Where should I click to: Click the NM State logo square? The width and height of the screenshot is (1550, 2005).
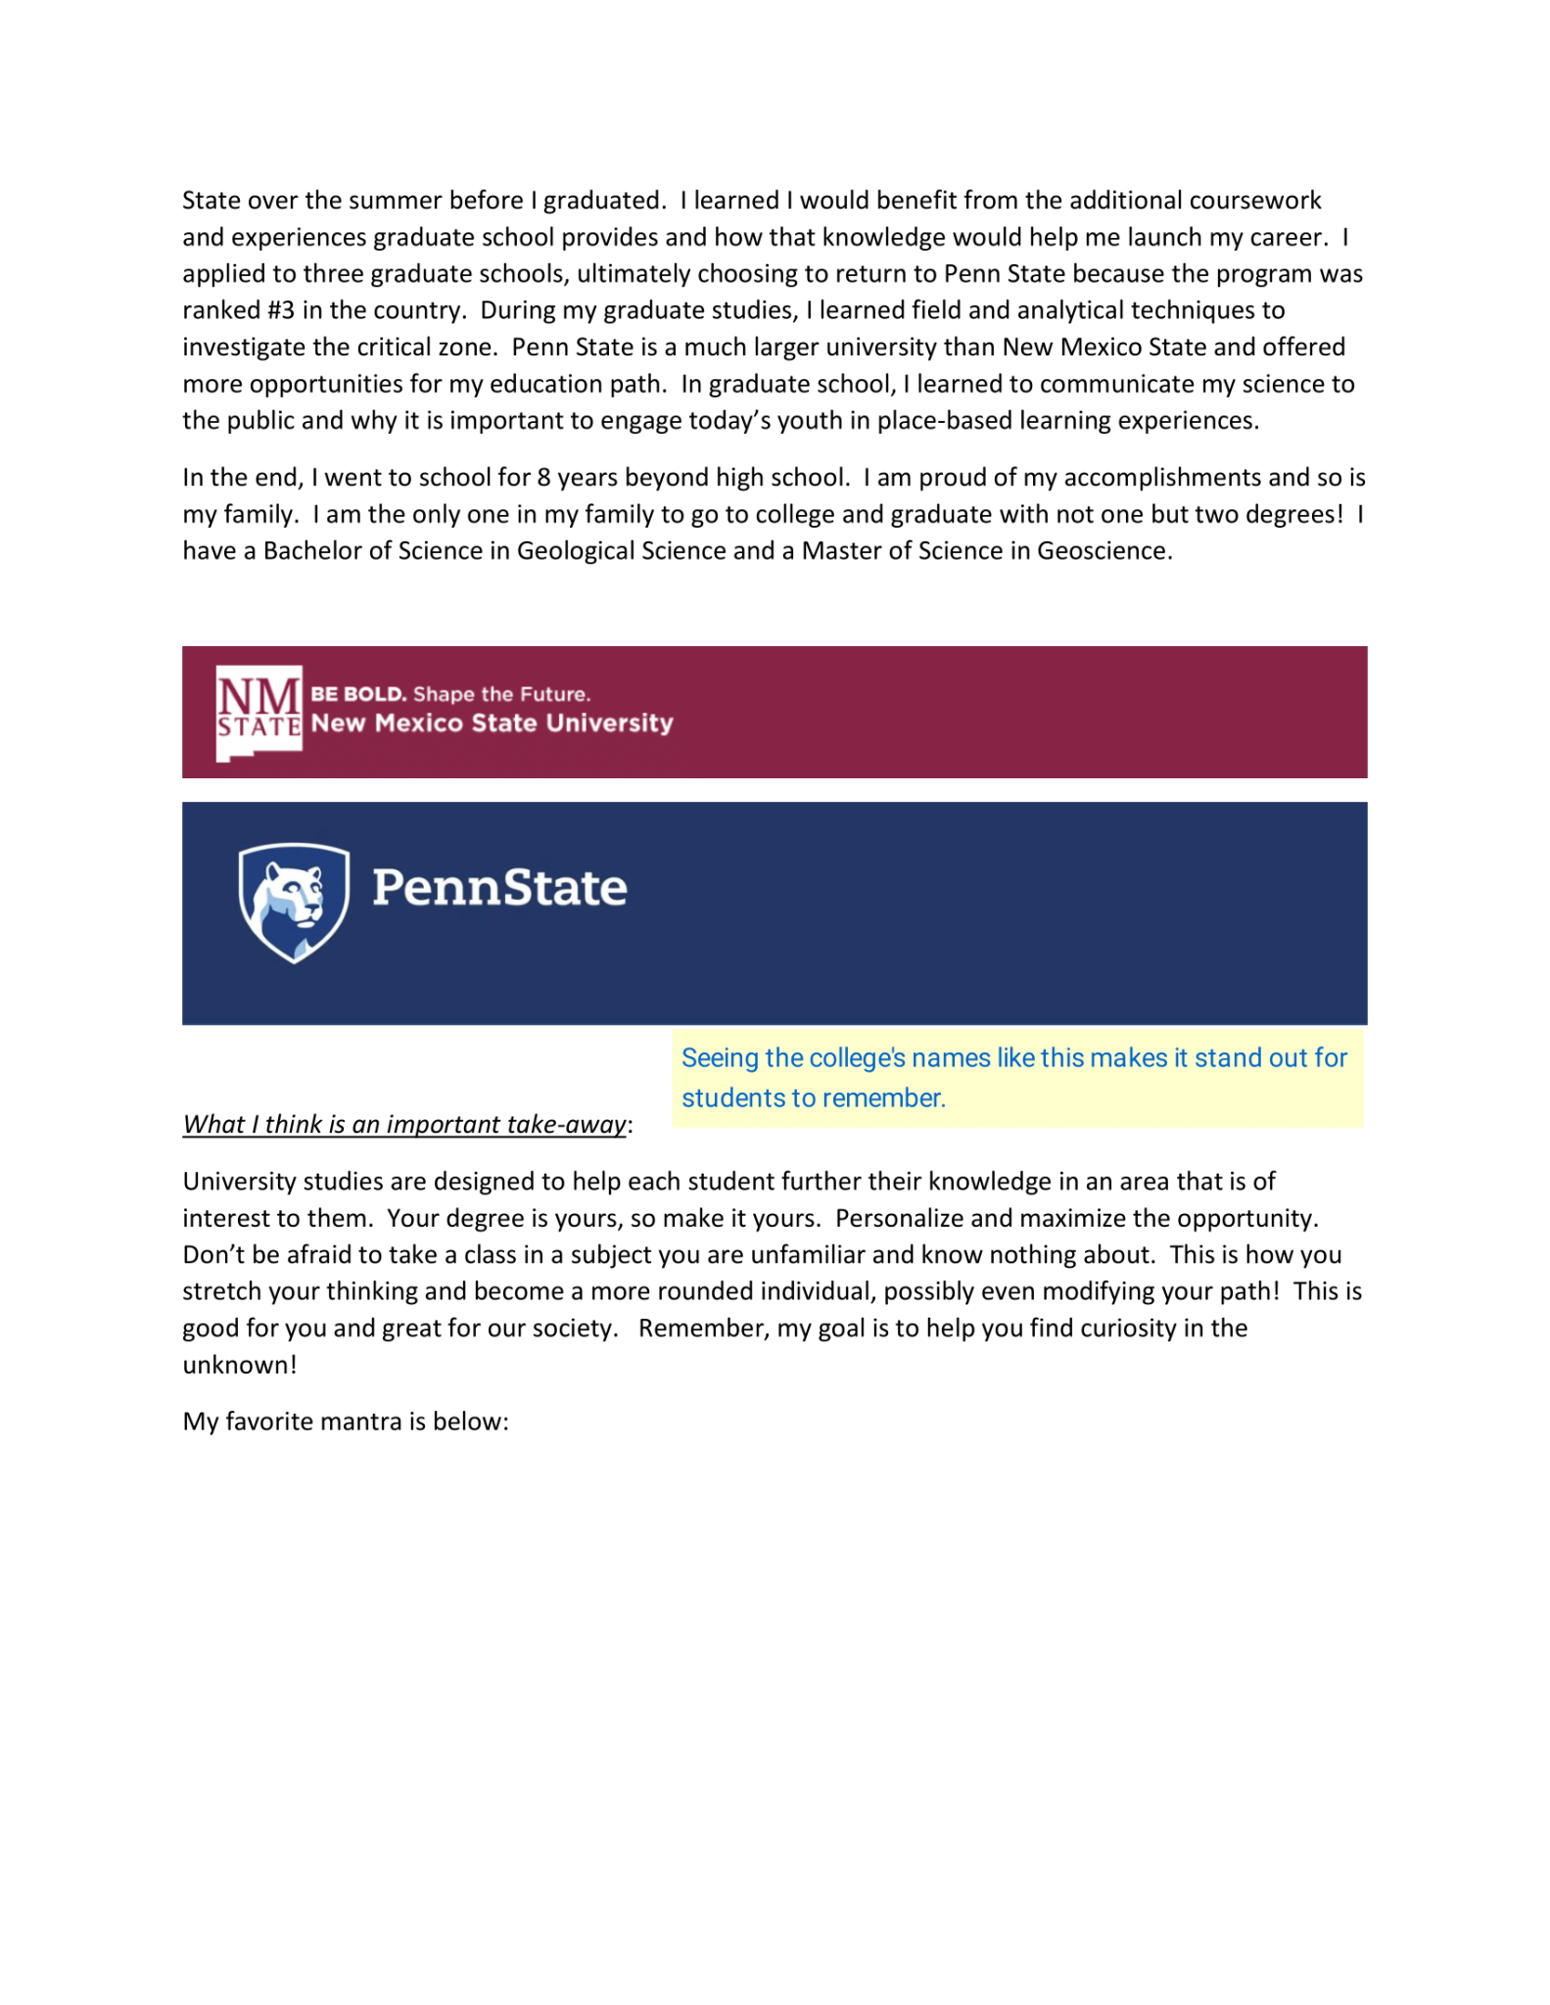[x=258, y=712]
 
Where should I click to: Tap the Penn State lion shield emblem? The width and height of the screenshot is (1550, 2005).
[x=294, y=903]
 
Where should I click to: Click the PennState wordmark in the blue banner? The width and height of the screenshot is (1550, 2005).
[x=499, y=888]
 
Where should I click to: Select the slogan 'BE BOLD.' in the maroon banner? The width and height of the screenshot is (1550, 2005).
[x=358, y=694]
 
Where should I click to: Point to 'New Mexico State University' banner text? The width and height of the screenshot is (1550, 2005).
[x=492, y=723]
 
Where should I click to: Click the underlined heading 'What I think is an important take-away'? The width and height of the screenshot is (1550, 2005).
[x=404, y=1124]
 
